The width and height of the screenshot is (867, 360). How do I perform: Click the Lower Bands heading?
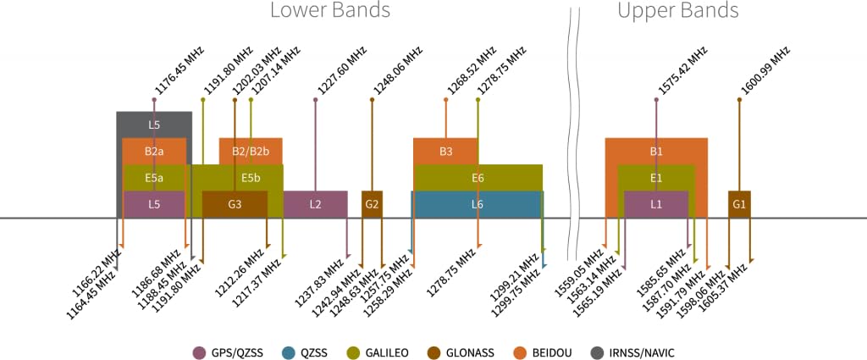click(x=330, y=12)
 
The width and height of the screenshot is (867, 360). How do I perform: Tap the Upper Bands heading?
click(x=678, y=12)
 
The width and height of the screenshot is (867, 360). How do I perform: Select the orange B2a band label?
click(x=154, y=152)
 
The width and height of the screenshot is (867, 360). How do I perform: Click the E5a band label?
click(x=154, y=178)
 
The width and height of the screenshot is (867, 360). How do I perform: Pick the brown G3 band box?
click(x=235, y=204)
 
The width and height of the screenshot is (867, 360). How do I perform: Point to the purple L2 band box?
click(x=315, y=204)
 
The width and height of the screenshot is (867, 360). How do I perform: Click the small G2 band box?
click(x=372, y=204)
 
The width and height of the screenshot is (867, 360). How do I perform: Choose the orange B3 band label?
click(x=445, y=152)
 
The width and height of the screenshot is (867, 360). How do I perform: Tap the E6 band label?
click(x=478, y=178)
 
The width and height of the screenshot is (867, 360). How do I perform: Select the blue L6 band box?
click(x=478, y=204)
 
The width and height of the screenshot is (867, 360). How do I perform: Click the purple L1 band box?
click(x=656, y=204)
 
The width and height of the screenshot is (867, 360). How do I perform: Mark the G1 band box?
click(x=739, y=204)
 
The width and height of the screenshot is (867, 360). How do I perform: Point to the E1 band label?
click(x=656, y=178)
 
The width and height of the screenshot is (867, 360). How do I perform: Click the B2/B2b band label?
click(x=251, y=152)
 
